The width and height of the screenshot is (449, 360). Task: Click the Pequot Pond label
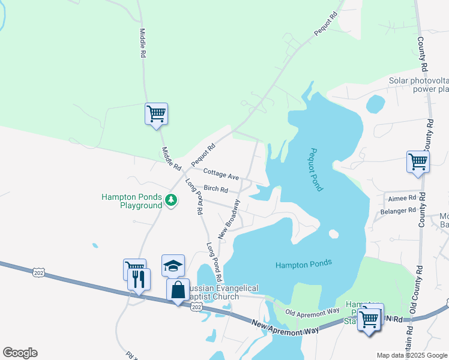[x=317, y=170]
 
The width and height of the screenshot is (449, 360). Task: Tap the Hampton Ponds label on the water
[x=304, y=264]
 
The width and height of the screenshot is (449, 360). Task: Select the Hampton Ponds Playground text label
[x=132, y=200]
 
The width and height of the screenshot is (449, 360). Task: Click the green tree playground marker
[x=171, y=200]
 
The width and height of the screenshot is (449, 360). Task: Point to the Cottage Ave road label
[x=221, y=174]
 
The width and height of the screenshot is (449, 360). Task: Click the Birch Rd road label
[x=216, y=189]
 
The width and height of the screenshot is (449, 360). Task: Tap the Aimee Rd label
[x=402, y=198]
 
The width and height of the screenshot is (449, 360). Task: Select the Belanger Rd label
[x=398, y=211]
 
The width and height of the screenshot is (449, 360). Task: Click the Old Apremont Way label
[x=312, y=313]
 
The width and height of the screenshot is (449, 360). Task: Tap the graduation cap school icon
[x=173, y=265]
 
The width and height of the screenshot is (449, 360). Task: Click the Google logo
[x=20, y=353]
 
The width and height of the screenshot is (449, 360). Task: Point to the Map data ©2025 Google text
[x=412, y=355]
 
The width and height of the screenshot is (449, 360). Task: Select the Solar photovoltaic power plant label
[x=418, y=85]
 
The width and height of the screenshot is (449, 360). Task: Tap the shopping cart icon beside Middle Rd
[x=156, y=113]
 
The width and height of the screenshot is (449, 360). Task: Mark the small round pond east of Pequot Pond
[x=375, y=104]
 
